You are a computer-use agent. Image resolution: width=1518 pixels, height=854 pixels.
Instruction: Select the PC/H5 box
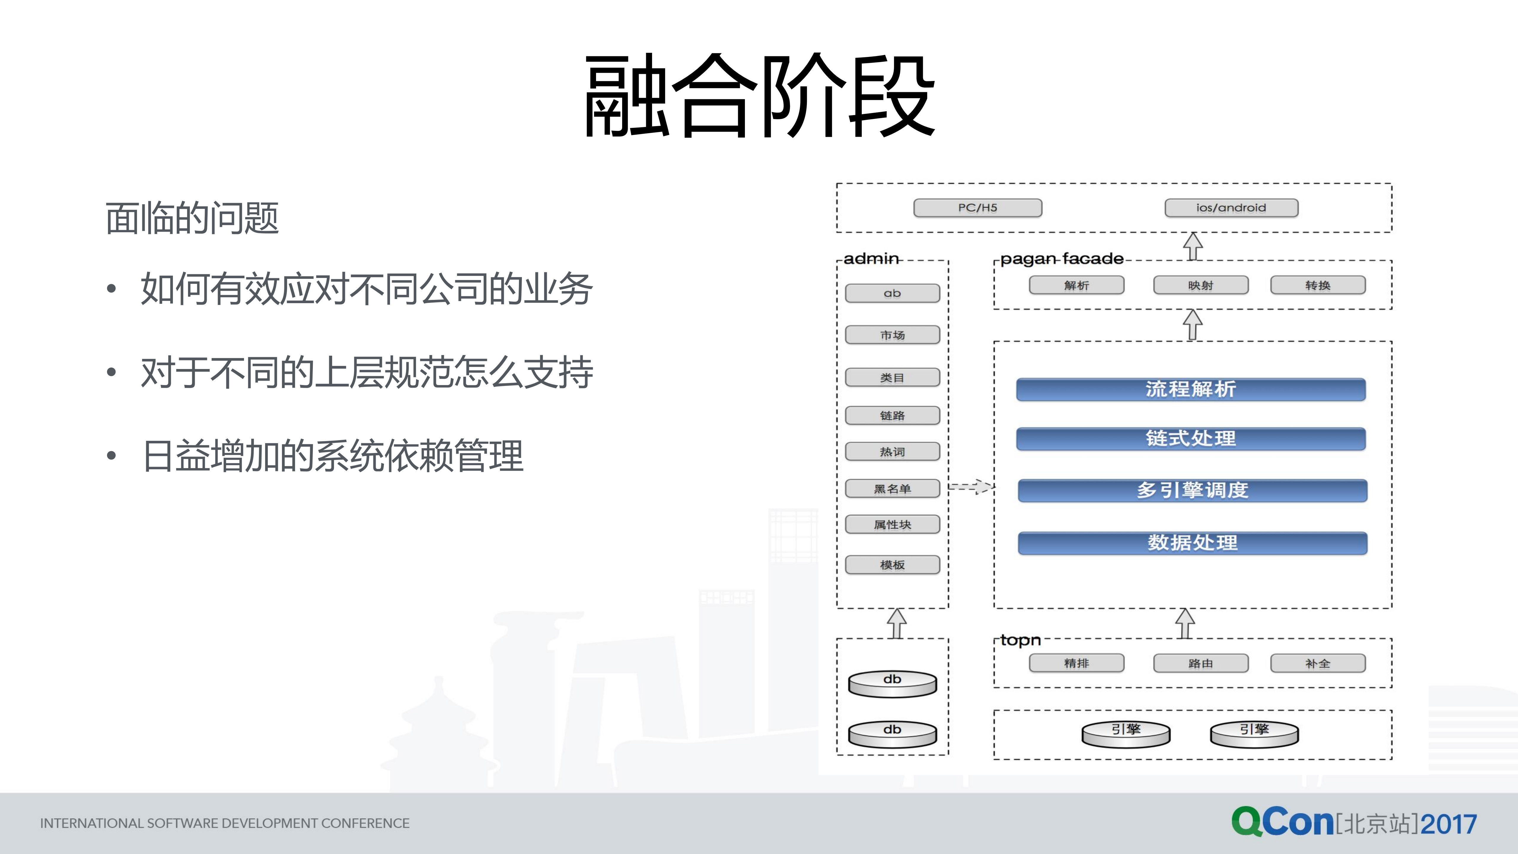(x=977, y=207)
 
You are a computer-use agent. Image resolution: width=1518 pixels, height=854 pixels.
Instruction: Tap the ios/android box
(x=1231, y=207)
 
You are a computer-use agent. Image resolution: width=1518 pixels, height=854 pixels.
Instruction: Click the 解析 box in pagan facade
(x=1076, y=285)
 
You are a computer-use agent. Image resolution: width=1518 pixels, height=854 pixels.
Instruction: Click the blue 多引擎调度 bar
(x=1192, y=490)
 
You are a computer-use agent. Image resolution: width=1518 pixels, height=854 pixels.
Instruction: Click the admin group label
(x=871, y=259)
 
